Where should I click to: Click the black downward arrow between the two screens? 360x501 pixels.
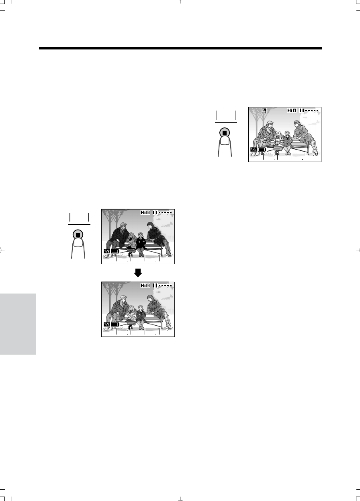click(x=138, y=273)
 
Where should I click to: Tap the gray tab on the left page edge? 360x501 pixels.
click(x=18, y=324)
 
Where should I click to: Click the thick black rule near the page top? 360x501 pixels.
click(x=180, y=48)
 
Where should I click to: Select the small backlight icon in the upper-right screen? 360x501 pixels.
click(x=264, y=110)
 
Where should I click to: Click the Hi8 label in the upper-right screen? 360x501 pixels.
click(x=292, y=110)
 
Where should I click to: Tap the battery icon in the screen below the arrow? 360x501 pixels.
click(x=115, y=324)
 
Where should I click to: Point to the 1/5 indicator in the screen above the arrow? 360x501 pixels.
click(x=107, y=251)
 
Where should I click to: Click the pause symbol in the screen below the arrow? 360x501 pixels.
click(x=155, y=285)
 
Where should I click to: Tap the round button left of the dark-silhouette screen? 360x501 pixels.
click(x=78, y=235)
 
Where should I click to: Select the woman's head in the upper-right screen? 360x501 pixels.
click(x=297, y=124)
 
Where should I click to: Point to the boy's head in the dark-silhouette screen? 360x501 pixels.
click(x=140, y=235)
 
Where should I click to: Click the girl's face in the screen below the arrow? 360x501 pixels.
click(x=132, y=309)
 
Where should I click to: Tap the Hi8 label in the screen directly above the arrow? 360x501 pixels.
click(x=145, y=212)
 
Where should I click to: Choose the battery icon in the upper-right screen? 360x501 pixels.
click(x=262, y=150)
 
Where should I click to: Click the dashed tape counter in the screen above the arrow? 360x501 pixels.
click(x=165, y=212)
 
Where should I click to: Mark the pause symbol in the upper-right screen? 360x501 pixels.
click(x=302, y=110)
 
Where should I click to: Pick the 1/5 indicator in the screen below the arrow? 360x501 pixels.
click(x=107, y=324)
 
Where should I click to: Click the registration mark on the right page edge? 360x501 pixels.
click(x=358, y=250)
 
